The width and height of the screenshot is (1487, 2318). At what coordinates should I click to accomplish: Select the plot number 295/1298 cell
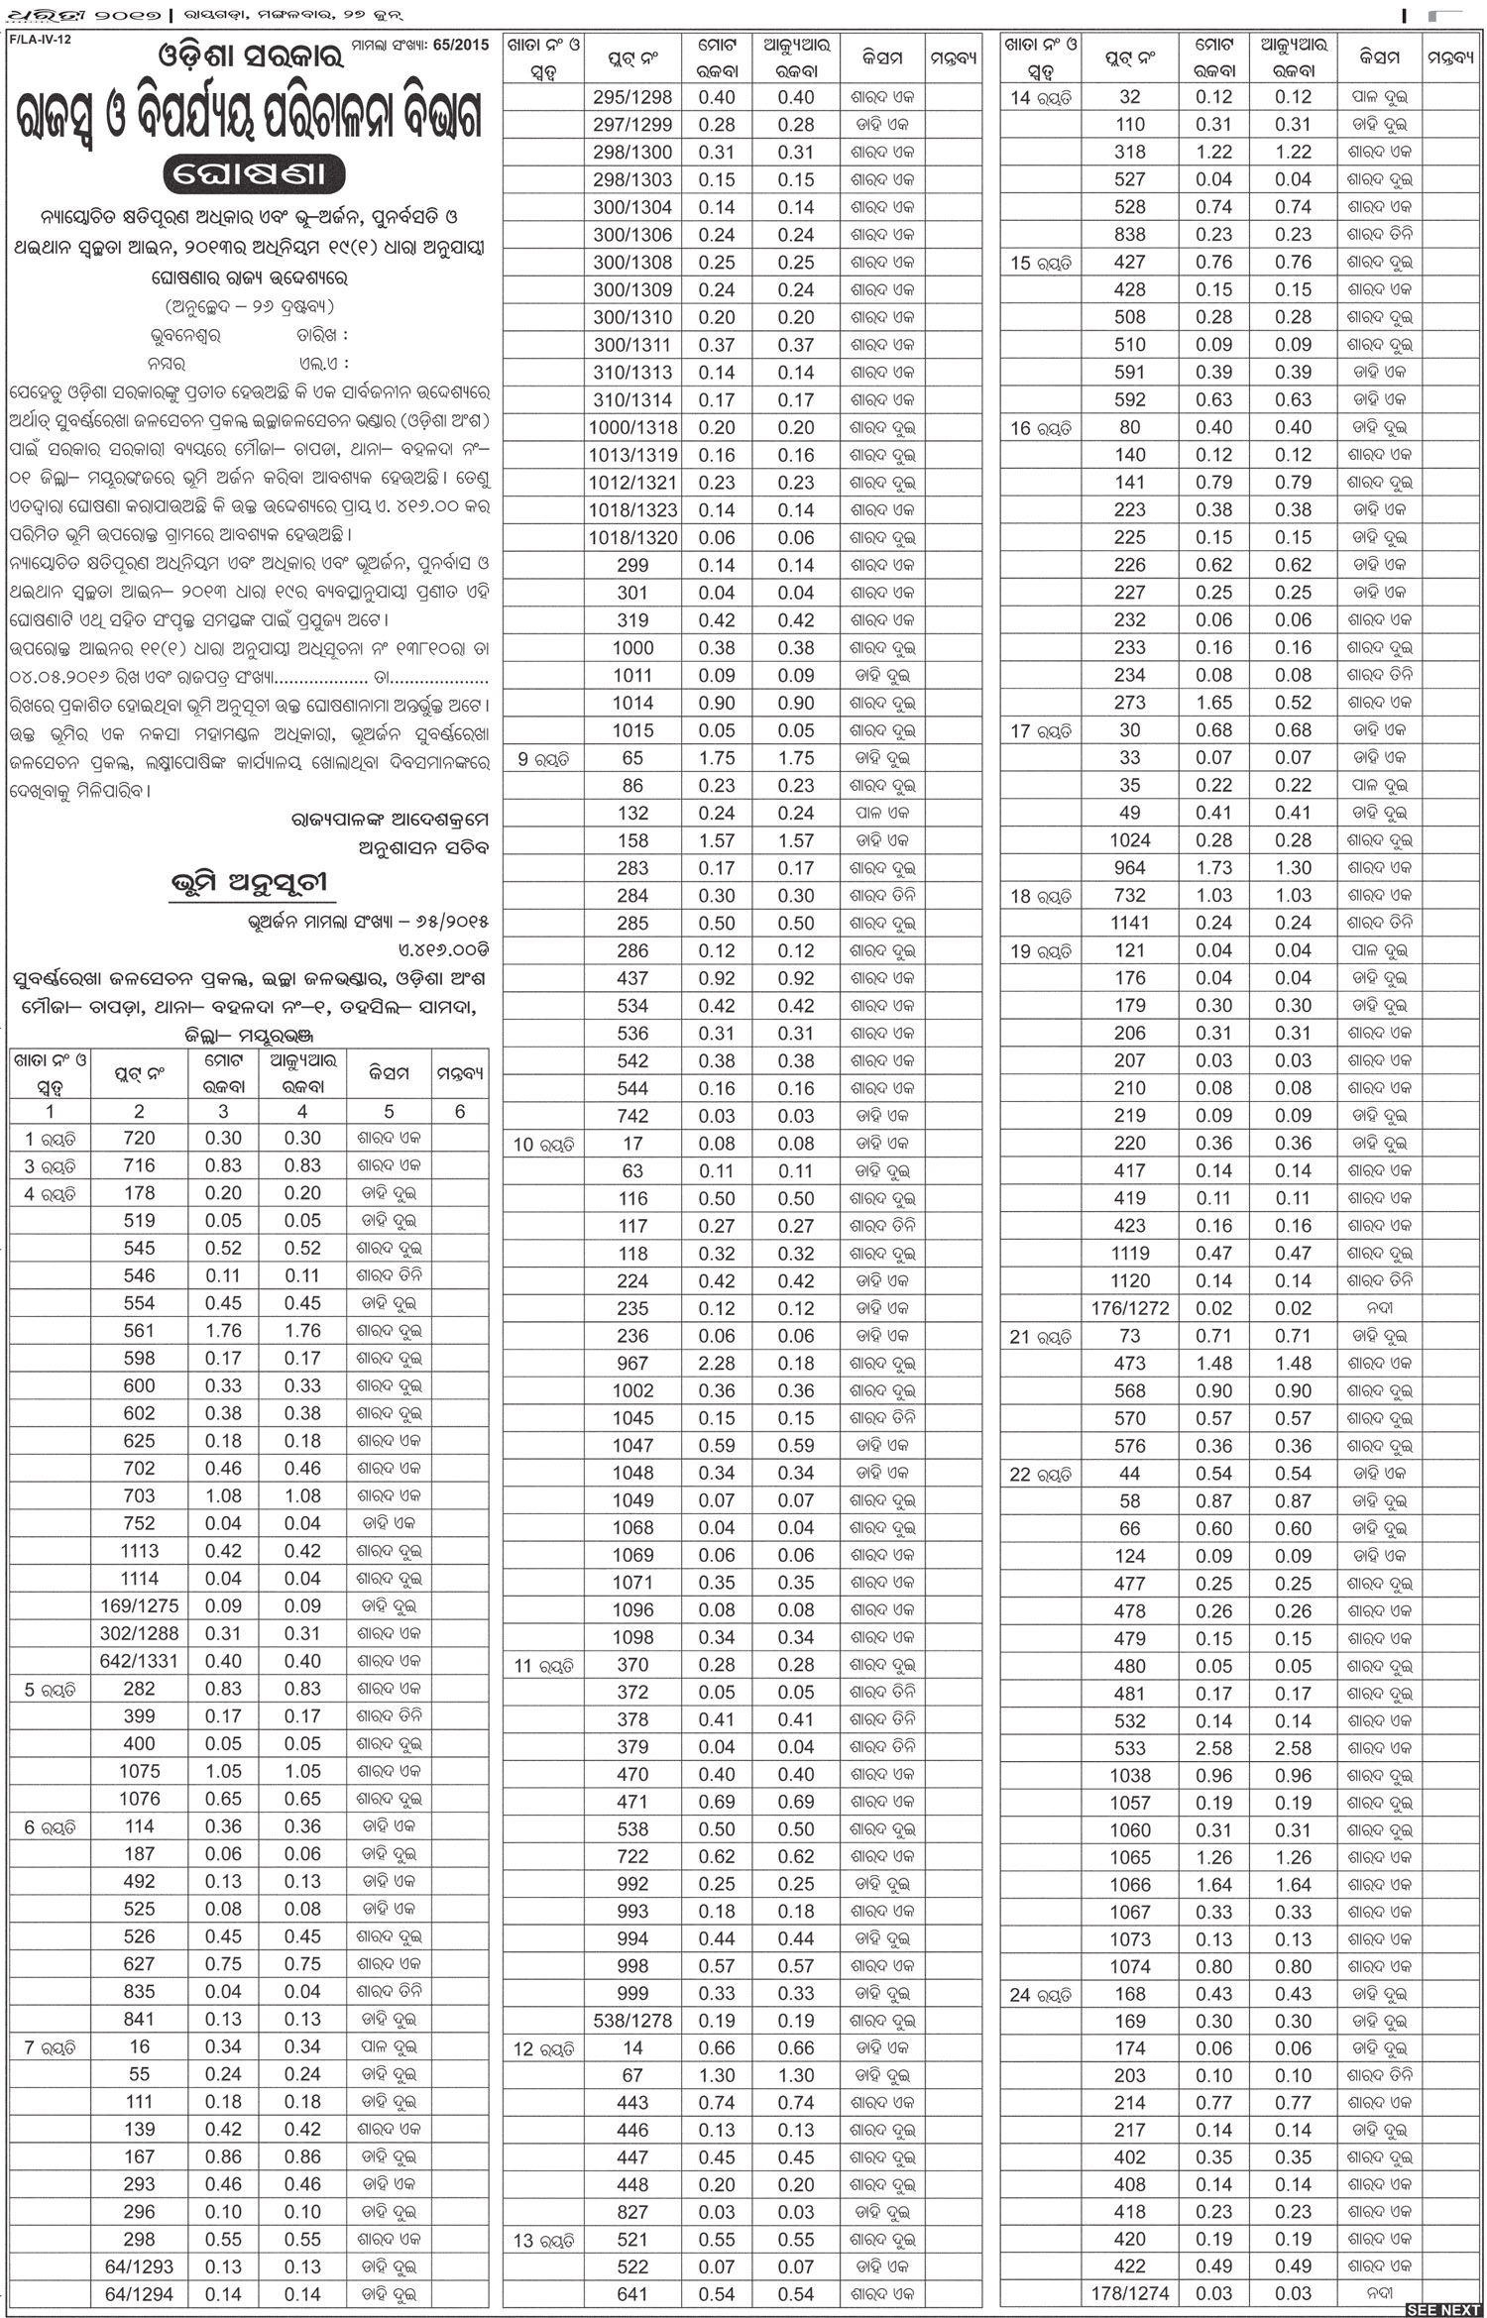[632, 97]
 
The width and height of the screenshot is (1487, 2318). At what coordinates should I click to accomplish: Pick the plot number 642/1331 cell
[140, 1661]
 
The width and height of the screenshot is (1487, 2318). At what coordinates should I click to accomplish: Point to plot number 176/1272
[1130, 1308]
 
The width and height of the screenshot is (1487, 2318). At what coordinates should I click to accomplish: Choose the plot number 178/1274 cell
[1130, 2293]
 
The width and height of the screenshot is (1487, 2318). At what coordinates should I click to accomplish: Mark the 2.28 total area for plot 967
[717, 1364]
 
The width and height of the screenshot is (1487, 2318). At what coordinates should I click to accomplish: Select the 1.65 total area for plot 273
[1213, 703]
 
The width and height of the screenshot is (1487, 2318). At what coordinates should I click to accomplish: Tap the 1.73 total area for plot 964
[1213, 867]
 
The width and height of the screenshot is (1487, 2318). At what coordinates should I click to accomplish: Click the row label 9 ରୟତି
[543, 759]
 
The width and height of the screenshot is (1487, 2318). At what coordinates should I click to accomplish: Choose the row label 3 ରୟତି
[50, 1166]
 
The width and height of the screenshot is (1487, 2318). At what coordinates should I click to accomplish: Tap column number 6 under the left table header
[460, 1111]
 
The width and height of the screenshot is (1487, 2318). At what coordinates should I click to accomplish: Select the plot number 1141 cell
[1130, 923]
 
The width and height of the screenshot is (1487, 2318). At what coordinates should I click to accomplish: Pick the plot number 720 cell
[140, 1139]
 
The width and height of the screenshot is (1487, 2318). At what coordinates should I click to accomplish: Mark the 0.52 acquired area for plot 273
[1293, 703]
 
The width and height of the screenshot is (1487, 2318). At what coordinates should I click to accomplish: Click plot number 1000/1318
[632, 428]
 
